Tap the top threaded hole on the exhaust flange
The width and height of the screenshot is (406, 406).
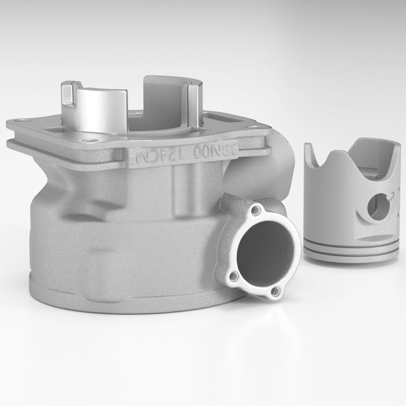[255, 211]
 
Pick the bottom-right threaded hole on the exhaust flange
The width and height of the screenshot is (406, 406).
[275, 291]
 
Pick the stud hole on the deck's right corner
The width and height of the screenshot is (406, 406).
[254, 127]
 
